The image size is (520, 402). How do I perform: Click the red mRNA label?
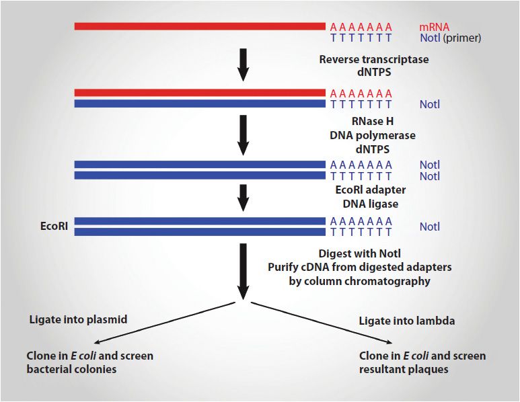(434, 27)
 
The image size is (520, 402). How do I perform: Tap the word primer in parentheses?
(462, 38)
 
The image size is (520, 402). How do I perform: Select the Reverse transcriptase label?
(374, 59)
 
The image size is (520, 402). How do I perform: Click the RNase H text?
(373, 121)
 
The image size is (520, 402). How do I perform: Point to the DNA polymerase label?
(373, 135)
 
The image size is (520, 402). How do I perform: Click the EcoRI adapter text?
(371, 190)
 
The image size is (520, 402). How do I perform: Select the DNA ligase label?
(371, 204)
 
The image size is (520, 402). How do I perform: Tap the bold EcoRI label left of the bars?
(54, 227)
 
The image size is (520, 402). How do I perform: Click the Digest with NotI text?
(359, 253)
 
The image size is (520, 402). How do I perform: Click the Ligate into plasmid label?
(78, 319)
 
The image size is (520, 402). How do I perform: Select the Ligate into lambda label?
(407, 321)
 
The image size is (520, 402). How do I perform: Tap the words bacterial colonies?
(71, 369)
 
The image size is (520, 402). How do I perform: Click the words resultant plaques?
(404, 369)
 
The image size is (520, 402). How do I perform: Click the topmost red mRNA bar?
(200, 26)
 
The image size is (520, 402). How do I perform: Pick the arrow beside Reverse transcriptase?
(244, 65)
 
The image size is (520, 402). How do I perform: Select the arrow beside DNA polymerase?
(244, 135)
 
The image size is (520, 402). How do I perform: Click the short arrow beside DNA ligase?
(244, 198)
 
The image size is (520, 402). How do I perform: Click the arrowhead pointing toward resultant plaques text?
(389, 343)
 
